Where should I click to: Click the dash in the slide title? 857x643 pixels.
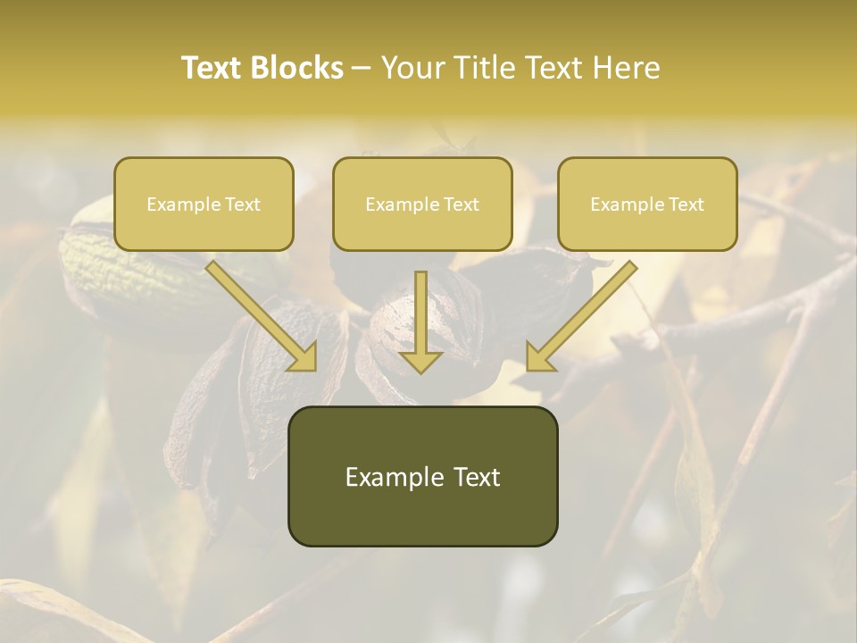tap(362, 69)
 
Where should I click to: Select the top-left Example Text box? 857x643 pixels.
tap(204, 204)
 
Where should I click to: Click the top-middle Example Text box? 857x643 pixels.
tap(422, 204)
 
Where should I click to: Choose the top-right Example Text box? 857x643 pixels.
tap(647, 204)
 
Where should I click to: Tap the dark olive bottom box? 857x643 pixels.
tap(422, 476)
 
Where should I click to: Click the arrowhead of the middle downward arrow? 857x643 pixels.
tap(420, 361)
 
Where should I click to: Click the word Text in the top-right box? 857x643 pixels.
tap(686, 204)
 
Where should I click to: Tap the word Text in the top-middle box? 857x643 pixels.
tap(461, 204)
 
